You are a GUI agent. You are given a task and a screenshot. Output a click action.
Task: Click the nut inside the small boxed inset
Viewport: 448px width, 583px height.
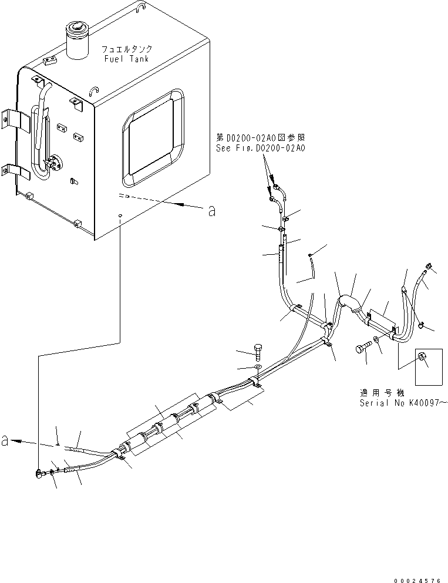(421, 358)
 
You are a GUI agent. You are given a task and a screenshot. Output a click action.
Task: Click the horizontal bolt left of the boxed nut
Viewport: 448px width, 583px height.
(362, 350)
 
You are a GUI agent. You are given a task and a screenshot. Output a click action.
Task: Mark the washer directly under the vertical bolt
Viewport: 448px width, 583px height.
(257, 368)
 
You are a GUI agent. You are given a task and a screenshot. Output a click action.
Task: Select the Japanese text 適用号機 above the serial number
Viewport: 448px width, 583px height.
(378, 393)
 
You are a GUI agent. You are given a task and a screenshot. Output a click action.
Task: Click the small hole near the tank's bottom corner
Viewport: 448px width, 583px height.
(120, 217)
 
